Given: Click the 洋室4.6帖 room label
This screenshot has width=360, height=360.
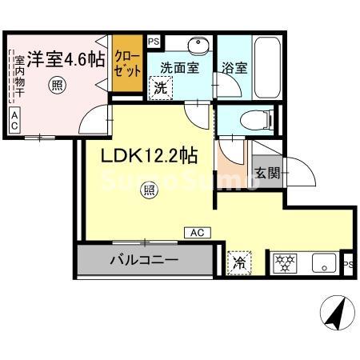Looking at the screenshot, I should (x=66, y=59).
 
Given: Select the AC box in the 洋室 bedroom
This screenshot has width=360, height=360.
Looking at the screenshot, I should (x=15, y=121).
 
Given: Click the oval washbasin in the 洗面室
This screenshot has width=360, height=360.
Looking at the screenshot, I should (x=197, y=45).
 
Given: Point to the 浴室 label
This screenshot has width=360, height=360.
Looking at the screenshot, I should (x=235, y=69).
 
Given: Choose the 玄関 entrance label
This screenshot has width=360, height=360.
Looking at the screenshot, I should (x=266, y=173).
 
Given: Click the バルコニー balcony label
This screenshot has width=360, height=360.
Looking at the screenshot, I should (x=144, y=259).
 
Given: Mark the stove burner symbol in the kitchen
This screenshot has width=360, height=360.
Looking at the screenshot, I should (x=284, y=261).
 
